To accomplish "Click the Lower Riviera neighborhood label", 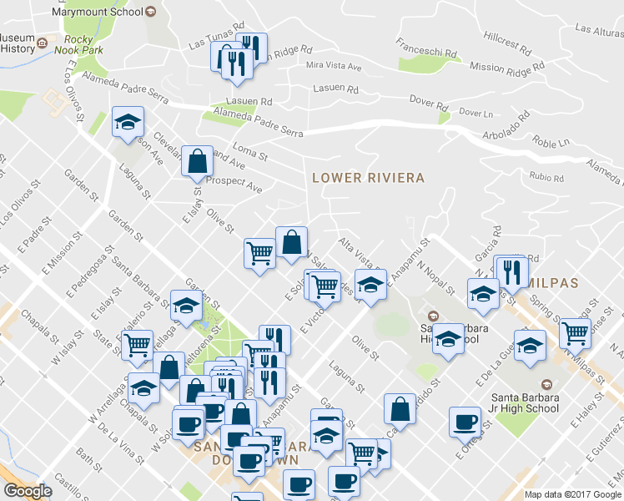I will tap(368, 178).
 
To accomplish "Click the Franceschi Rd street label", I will tap(427, 48).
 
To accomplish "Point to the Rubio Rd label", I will tap(546, 177).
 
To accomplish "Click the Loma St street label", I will tap(249, 151).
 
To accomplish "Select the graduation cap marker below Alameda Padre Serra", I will tap(128, 122).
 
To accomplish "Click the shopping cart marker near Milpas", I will tap(575, 331).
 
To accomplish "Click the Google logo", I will tap(28, 491).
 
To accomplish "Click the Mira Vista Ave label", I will tap(334, 66).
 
